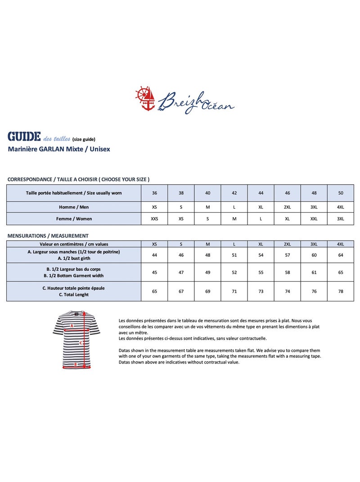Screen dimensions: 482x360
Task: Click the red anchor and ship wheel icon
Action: click(145, 98)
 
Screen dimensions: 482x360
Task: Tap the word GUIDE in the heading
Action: click(24, 136)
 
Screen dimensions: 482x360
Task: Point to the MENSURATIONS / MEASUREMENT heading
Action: click(48, 236)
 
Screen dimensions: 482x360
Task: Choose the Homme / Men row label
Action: click(74, 207)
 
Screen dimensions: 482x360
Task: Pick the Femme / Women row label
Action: click(74, 219)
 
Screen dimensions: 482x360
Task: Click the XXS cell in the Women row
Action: click(154, 219)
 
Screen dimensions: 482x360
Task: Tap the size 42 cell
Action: click(234, 193)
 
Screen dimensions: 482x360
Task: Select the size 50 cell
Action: click(341, 193)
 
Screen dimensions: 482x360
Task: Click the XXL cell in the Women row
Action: click(314, 219)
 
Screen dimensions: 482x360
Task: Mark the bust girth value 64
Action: click(341, 255)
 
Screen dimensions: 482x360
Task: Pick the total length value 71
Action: click(234, 291)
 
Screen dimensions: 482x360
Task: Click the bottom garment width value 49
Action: click(207, 273)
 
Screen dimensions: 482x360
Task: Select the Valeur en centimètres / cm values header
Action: click(74, 244)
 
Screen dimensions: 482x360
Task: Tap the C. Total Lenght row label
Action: click(74, 295)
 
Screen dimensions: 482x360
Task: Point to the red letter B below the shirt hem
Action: click(76, 364)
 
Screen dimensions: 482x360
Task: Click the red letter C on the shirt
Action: click(81, 343)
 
